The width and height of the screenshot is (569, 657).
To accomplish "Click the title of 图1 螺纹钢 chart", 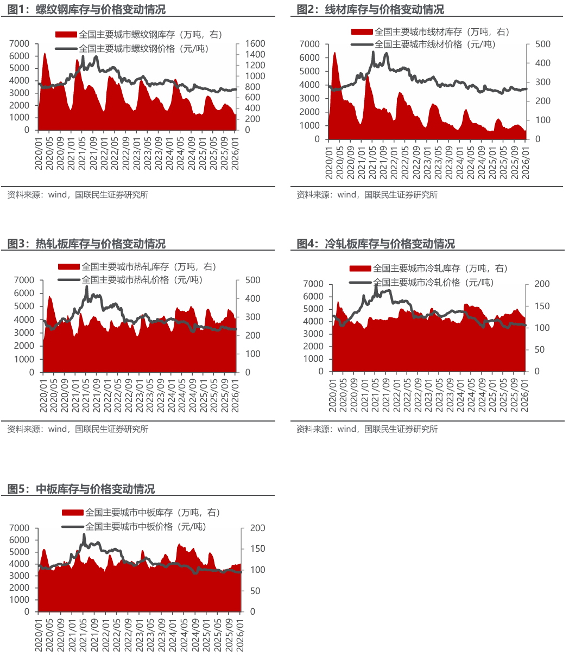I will pyautogui.click(x=87, y=9).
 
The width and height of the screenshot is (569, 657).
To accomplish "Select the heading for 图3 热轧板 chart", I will pyautogui.click(x=87, y=244).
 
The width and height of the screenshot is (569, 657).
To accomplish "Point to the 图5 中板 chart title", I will pyautogui.click(x=81, y=489).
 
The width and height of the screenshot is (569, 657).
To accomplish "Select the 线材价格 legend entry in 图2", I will pyautogui.click(x=435, y=44).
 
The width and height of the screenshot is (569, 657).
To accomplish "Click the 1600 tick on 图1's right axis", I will pyautogui.click(x=255, y=44).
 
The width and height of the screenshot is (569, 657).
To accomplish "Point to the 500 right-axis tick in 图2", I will pyautogui.click(x=542, y=44).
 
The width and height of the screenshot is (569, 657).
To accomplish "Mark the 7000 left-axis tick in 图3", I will pyautogui.click(x=24, y=280).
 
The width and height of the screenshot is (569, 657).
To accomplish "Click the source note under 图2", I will pyautogui.click(x=366, y=195).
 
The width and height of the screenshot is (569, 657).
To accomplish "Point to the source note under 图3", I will pyautogui.click(x=78, y=429).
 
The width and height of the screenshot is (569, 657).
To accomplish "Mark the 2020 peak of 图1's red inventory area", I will pyautogui.click(x=45, y=53).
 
